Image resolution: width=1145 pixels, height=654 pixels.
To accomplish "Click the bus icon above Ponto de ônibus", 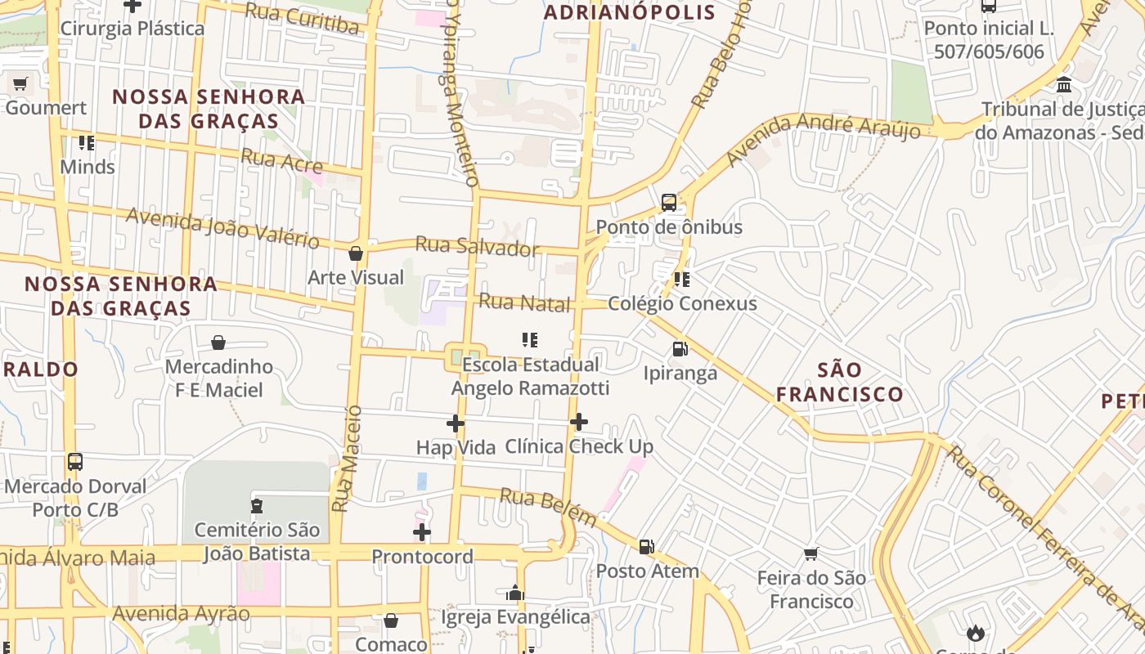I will coord(668,202).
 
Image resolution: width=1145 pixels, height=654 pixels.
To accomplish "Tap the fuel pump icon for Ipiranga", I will coord(680,349).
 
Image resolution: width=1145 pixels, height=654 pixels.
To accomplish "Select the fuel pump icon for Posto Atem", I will coord(646,547).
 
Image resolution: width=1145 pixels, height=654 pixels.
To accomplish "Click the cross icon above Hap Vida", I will coord(456,423).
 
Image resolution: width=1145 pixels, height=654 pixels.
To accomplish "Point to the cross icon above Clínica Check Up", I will coord(579,422).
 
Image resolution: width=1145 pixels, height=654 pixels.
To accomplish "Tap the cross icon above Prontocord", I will coord(422,533).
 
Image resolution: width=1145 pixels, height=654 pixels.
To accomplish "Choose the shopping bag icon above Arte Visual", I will coord(356,253).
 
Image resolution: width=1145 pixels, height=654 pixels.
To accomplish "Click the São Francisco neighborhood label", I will coord(839,382).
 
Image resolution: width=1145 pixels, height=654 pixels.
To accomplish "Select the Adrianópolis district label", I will coord(629,12).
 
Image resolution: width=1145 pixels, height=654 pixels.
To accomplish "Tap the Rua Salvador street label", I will coord(477,246).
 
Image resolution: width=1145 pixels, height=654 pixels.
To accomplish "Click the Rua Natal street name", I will coord(523,302).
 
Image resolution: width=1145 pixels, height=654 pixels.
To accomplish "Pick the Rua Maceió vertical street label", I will coord(346,458).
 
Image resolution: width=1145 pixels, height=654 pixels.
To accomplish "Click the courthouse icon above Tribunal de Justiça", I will coord(1064,85).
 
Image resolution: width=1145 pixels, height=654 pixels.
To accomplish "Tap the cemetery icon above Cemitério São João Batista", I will coord(257,506).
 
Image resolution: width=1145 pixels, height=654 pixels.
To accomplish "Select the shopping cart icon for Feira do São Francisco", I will coord(810,554).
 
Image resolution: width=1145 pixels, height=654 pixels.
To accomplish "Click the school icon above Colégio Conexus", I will coord(681,280).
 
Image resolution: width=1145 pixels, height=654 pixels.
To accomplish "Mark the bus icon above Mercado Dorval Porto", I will coord(75,462).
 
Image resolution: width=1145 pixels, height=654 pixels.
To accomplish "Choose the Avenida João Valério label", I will coord(222,228).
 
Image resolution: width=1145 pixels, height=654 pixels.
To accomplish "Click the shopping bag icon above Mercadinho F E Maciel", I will coord(218,343).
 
